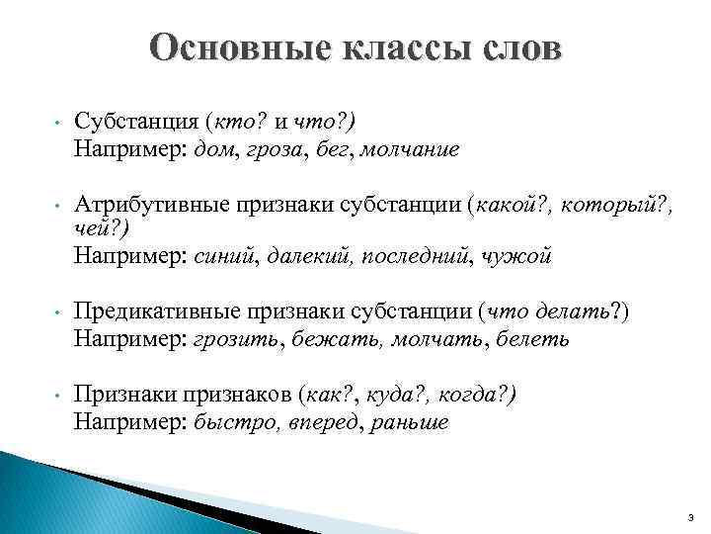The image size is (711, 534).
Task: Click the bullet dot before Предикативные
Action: (57, 314)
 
